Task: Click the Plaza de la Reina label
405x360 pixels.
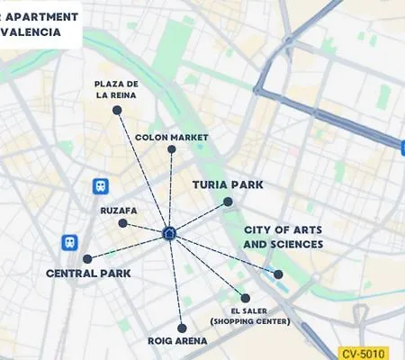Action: pos(117,88)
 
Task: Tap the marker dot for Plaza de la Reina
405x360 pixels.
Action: pos(117,110)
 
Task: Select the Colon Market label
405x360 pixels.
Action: pos(172,138)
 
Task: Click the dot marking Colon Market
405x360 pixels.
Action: pos(172,150)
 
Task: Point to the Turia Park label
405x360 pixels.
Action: pos(228,184)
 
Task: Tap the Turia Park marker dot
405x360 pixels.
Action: pos(228,202)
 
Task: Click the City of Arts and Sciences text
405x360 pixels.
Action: pos(283,238)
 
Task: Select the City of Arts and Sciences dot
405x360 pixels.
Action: pos(278,274)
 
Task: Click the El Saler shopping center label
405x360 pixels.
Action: pos(250,315)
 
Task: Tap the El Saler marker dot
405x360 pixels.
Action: pos(245,298)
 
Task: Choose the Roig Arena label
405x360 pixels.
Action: pos(177,342)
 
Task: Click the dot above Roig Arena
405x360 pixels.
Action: pos(182,328)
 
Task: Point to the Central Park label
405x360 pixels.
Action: pos(88,273)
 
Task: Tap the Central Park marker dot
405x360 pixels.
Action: pos(87,258)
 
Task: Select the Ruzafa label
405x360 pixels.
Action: pos(119,211)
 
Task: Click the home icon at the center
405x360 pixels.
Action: pos(169,234)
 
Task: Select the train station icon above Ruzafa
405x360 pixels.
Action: pos(100,186)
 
